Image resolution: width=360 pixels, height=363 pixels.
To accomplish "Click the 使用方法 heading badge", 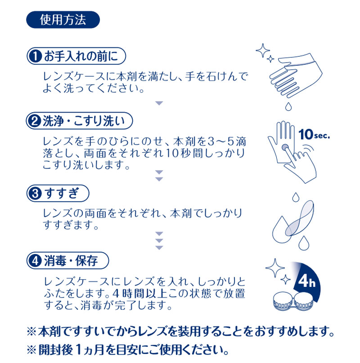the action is [63, 20].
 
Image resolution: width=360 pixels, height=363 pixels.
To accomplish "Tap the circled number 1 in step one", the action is [35, 56].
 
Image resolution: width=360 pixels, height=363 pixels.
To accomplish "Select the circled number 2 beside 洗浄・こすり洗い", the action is [35, 121].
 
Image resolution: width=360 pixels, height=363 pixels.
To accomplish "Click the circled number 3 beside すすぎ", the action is [35, 193].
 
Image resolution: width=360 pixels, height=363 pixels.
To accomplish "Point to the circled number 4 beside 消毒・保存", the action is [35, 261].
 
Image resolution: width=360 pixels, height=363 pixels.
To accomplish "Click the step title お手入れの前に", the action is [81, 56].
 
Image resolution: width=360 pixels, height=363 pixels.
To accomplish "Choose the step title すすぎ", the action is [62, 193].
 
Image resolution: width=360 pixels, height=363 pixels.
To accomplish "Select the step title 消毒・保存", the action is [71, 261].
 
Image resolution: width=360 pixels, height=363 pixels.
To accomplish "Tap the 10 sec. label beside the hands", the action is [314, 134].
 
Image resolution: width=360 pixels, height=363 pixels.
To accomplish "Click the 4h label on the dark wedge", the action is [306, 281].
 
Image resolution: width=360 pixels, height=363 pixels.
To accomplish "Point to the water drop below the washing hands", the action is [288, 106].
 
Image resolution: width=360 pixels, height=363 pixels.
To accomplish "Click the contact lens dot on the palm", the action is [285, 147].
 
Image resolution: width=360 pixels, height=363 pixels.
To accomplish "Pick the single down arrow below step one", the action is [159, 103].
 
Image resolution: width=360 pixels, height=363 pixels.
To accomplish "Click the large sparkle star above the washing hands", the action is [263, 50].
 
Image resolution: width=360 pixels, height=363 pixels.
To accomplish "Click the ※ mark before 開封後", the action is [31, 350].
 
